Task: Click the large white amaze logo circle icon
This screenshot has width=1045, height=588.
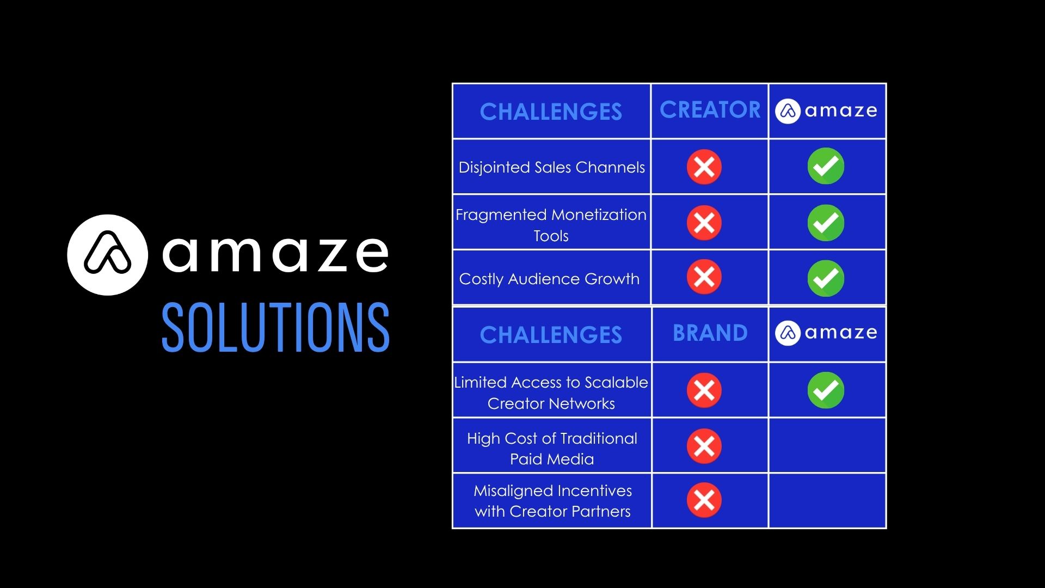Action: pyautogui.click(x=107, y=255)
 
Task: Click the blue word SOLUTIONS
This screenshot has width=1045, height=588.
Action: pyautogui.click(x=275, y=328)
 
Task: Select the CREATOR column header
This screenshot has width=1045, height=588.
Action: pyautogui.click(x=710, y=110)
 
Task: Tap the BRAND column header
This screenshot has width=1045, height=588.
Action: pyautogui.click(x=710, y=333)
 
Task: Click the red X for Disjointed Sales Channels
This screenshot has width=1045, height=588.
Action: pyautogui.click(x=704, y=167)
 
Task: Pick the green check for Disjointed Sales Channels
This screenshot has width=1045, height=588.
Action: pyautogui.click(x=826, y=166)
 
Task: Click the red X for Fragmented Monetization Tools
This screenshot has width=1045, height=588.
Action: pyautogui.click(x=704, y=223)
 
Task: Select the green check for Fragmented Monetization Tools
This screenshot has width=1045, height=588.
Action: pyautogui.click(x=826, y=223)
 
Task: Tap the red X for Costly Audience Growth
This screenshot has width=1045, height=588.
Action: pyautogui.click(x=704, y=277)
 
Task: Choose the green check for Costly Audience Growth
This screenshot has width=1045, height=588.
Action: pyautogui.click(x=826, y=278)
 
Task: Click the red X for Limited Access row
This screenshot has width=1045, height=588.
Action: pyautogui.click(x=704, y=390)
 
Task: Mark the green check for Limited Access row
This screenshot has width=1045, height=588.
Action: pyautogui.click(x=826, y=390)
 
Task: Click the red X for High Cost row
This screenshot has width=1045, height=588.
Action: pyautogui.click(x=704, y=446)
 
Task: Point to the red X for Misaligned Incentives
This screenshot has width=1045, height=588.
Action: pyautogui.click(x=704, y=500)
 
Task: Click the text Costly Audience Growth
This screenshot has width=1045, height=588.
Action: pyautogui.click(x=549, y=279)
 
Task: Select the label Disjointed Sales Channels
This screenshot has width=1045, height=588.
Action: pyautogui.click(x=551, y=167)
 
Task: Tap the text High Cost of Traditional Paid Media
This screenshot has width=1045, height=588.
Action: pyautogui.click(x=552, y=449)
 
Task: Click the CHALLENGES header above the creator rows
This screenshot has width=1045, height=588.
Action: pyautogui.click(x=551, y=112)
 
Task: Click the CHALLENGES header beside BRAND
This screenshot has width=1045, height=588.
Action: pyautogui.click(x=551, y=335)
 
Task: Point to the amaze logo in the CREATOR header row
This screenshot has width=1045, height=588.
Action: pyautogui.click(x=826, y=111)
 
